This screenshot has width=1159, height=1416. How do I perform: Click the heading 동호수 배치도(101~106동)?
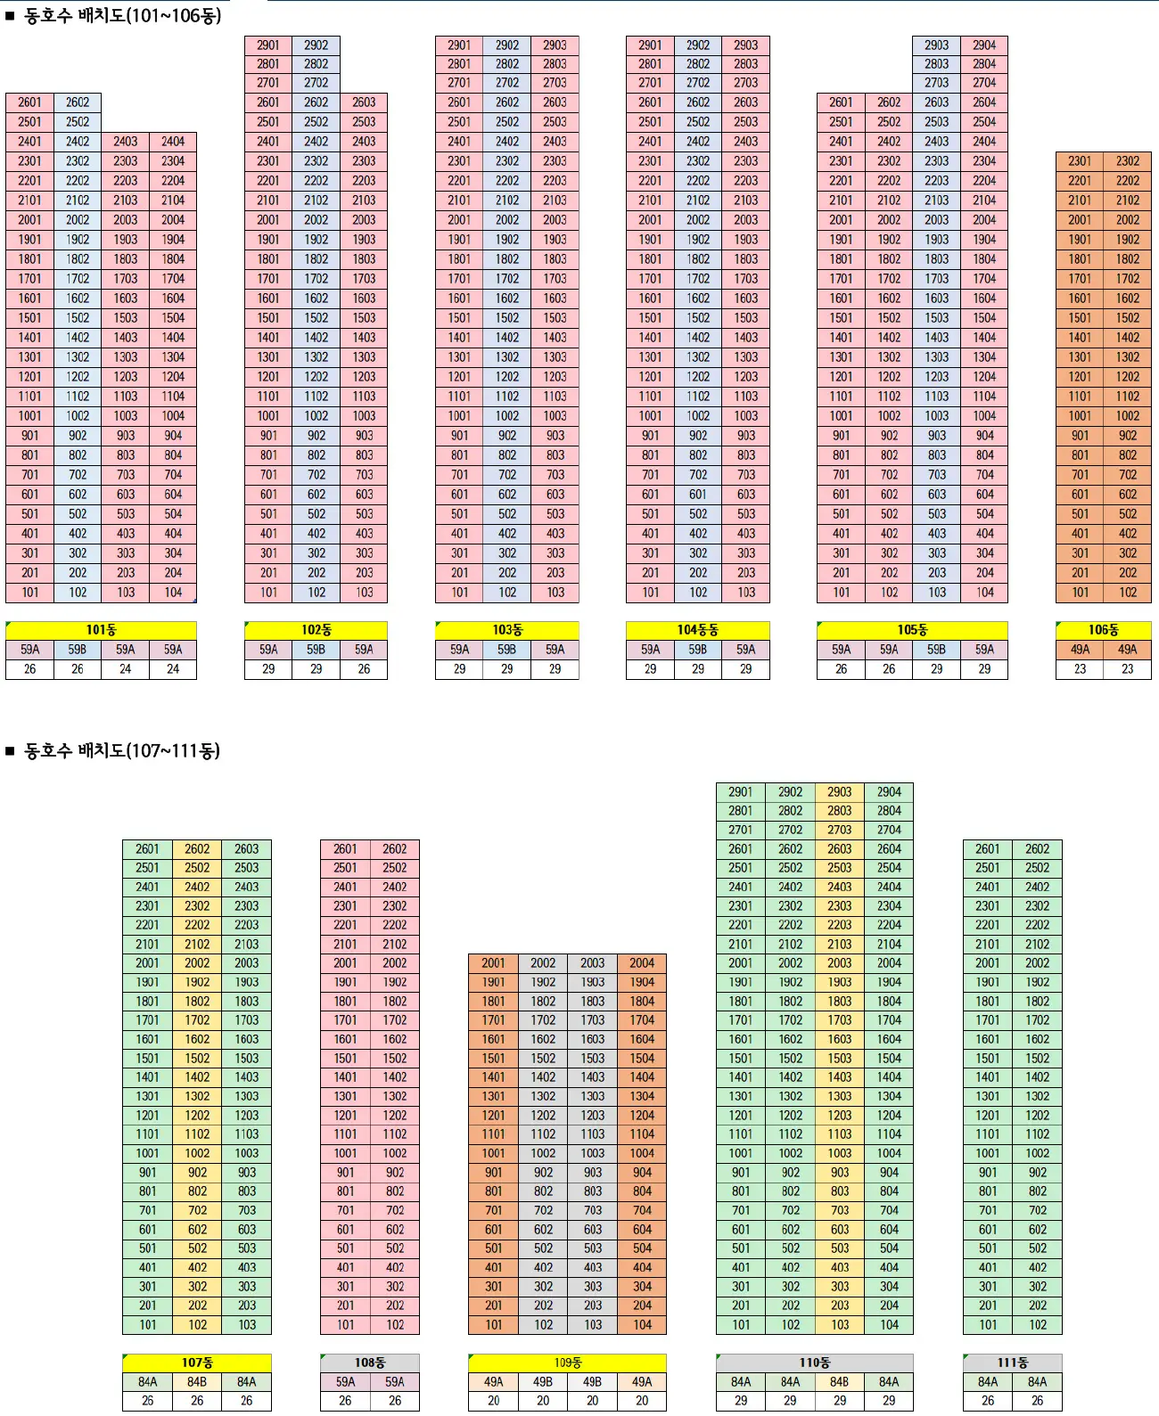122,16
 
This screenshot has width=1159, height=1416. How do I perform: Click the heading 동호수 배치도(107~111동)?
121,750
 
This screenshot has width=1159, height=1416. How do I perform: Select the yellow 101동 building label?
101,630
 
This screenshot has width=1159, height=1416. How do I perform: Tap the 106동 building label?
1103,630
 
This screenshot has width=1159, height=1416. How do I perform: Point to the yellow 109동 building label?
567,1363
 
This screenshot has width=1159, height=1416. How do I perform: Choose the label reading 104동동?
697,630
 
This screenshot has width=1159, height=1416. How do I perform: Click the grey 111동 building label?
1012,1363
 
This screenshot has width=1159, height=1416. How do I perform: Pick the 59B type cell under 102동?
316,650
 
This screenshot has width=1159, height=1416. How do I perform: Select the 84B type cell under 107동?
197,1382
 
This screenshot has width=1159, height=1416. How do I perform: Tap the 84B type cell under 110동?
840,1382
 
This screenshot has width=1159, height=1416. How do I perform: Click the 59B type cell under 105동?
936,650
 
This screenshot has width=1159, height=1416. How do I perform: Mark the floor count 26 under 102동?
364,669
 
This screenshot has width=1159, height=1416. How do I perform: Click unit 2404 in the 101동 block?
173,141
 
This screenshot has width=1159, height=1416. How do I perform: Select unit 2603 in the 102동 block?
364,102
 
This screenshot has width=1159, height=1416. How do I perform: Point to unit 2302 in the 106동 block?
1128,161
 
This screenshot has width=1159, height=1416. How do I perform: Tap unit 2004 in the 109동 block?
642,963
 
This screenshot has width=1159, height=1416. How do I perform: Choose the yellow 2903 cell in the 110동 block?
840,791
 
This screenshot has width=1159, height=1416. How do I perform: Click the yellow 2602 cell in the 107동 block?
197,849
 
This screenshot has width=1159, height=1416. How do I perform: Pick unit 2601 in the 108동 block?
345,849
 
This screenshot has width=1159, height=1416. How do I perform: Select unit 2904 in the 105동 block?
984,45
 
